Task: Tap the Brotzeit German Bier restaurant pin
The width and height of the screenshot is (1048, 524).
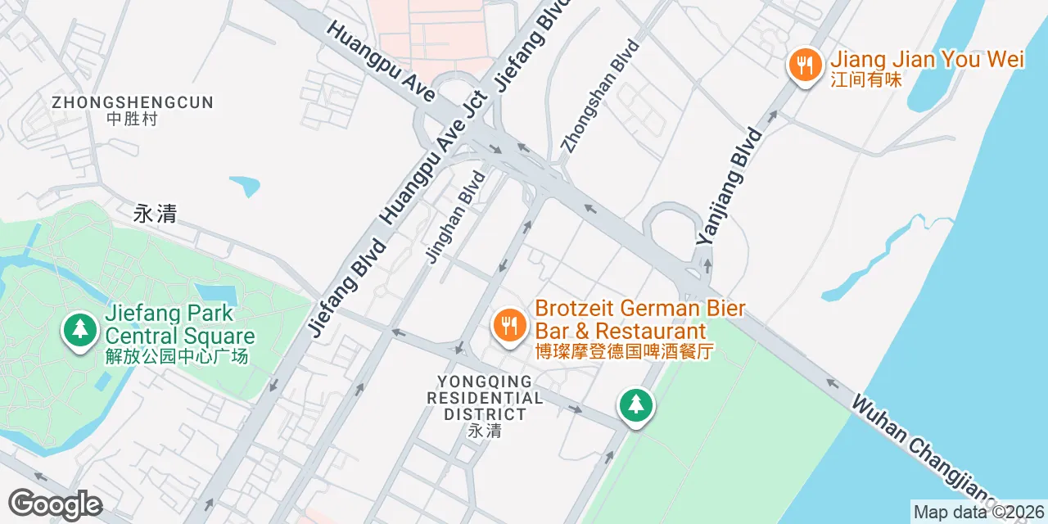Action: pos(508,325)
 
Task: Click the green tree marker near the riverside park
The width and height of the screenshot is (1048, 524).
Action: pos(636,404)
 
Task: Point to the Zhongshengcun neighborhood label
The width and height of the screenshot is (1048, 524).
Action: pos(132,102)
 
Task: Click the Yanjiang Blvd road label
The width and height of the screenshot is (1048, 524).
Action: pos(730,186)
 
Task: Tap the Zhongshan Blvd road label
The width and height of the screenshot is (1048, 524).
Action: pos(599,96)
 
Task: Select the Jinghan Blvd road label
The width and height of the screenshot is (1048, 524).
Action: pos(450,216)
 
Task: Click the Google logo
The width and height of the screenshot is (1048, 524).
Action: pos(54,504)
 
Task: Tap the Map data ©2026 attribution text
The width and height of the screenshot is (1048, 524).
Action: pos(978,513)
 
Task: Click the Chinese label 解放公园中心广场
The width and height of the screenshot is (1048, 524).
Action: pos(177,357)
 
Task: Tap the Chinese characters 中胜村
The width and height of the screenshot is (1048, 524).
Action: pos(132,119)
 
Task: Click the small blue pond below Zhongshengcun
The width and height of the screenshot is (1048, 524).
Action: pos(246,186)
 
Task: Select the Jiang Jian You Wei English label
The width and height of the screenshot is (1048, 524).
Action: pos(927,60)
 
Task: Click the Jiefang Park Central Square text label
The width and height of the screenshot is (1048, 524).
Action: pos(180,325)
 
